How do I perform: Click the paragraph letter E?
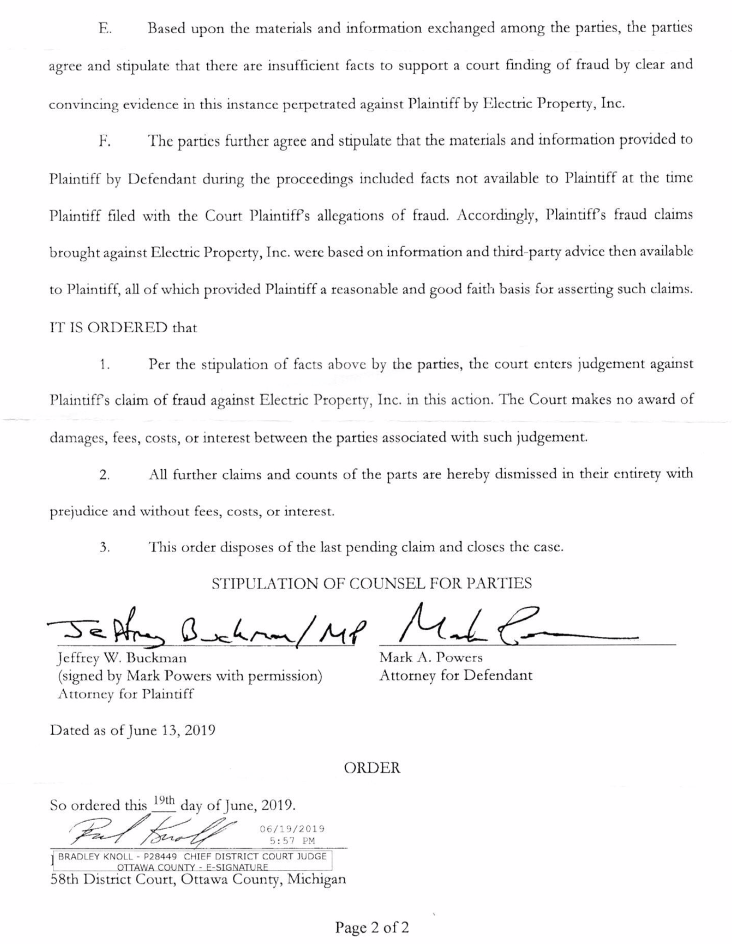click(104, 29)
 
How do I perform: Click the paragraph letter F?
click(104, 141)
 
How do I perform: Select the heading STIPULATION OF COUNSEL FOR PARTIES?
click(372, 583)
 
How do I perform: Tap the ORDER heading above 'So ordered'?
click(372, 768)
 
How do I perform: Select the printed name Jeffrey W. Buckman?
click(122, 658)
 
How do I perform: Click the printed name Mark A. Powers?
click(431, 658)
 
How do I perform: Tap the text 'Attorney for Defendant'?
click(455, 676)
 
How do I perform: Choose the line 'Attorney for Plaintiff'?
click(125, 694)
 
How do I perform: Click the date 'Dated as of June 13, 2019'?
click(133, 730)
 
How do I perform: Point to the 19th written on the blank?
click(164, 801)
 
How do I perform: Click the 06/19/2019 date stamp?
click(292, 829)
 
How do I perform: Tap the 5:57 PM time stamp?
click(292, 841)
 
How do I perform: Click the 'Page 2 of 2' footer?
click(372, 927)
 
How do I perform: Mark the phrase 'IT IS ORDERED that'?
click(123, 327)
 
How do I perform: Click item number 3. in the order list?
click(104, 548)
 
